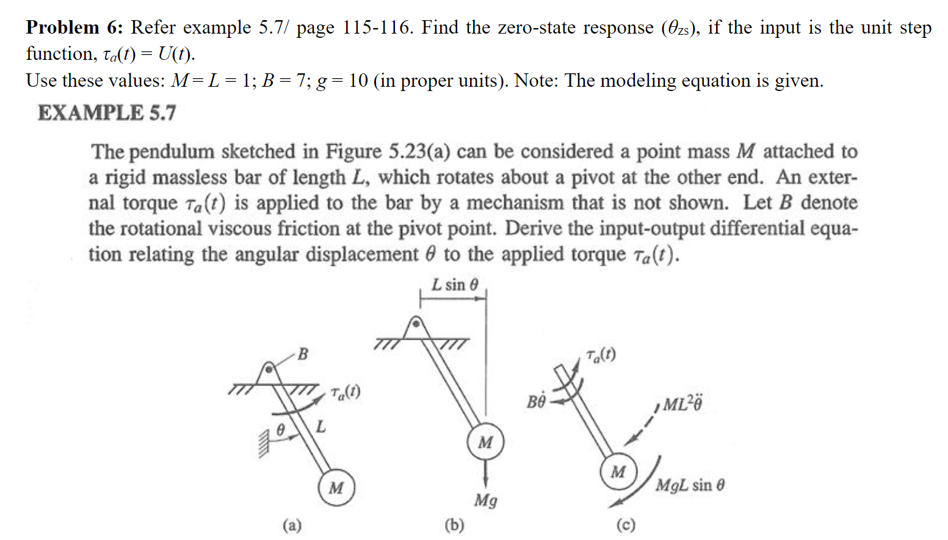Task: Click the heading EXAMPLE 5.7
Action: coord(107,113)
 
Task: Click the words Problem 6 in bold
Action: coord(74,27)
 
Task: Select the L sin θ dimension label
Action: coord(455,285)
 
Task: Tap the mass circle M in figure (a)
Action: coord(336,487)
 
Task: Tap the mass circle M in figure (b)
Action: coord(485,442)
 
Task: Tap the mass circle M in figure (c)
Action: coord(618,472)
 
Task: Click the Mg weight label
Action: coord(486,500)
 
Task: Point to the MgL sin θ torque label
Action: coord(690,485)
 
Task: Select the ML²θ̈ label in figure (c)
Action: coord(682,403)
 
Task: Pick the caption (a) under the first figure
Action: coord(292,525)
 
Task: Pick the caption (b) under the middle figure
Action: coord(454,525)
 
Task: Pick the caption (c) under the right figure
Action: coord(626,525)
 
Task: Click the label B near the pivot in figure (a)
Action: coord(303,354)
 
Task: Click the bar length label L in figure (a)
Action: coord(320,426)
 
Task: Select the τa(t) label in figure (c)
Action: coord(601,355)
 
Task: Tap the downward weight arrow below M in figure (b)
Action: coord(485,473)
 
